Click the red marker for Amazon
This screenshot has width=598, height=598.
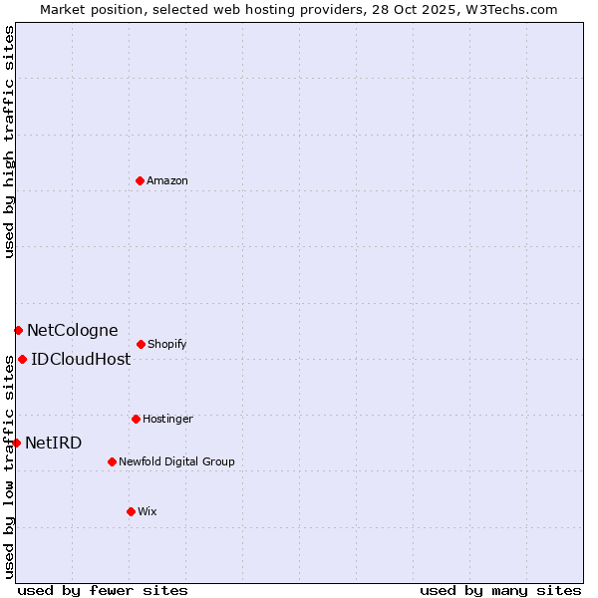pyautogui.click(x=140, y=180)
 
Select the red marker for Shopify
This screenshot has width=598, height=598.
pyautogui.click(x=141, y=344)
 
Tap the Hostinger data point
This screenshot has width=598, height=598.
pyautogui.click(x=136, y=419)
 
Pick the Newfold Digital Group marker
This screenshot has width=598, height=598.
pyautogui.click(x=112, y=461)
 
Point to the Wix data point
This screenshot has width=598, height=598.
pyautogui.click(x=131, y=511)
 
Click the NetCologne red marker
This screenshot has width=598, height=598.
pyautogui.click(x=18, y=330)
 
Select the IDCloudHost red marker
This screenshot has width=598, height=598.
pyautogui.click(x=22, y=359)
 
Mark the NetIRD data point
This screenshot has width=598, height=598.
pyautogui.click(x=16, y=443)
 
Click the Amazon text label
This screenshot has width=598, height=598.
pyautogui.click(x=167, y=181)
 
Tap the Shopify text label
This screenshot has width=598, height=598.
pyautogui.click(x=167, y=345)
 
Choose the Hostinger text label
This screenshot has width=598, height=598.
pyautogui.click(x=167, y=420)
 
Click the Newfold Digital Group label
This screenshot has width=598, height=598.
pyautogui.click(x=176, y=462)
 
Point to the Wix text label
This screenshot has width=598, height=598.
pyautogui.click(x=148, y=512)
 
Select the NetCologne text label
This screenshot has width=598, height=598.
pyautogui.click(x=72, y=331)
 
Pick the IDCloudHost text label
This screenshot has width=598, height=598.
pyautogui.click(x=81, y=360)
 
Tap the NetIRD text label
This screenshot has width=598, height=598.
pyautogui.click(x=54, y=444)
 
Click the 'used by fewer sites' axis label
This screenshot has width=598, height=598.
pyautogui.click(x=103, y=590)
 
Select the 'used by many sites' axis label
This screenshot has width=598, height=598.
pyautogui.click(x=500, y=590)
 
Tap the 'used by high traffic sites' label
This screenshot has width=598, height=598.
pyautogui.click(x=9, y=142)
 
